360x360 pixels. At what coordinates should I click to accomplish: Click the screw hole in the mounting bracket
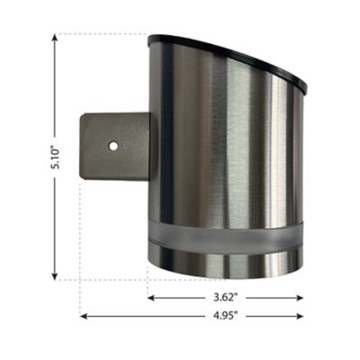[112, 144]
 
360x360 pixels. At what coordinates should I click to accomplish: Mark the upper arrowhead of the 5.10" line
[56, 39]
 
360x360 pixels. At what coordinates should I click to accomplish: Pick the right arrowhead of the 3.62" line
[302, 296]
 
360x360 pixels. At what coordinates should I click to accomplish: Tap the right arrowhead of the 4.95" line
[302, 315]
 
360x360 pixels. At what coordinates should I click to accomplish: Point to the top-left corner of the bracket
[84, 113]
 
